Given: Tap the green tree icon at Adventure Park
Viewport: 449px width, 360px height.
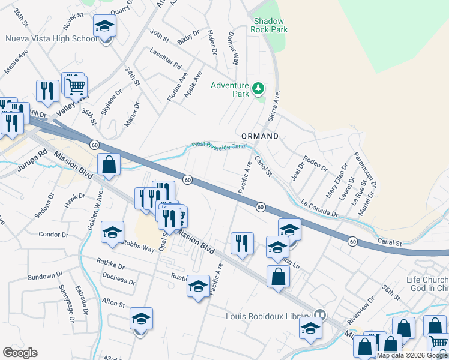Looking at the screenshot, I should [258, 89].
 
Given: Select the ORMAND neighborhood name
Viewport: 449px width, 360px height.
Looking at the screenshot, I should [260, 137].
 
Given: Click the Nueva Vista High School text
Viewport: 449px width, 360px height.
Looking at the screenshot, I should [50, 39].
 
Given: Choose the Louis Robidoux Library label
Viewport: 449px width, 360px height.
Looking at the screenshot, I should [269, 316].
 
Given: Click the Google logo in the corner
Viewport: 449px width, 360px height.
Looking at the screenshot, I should [20, 353].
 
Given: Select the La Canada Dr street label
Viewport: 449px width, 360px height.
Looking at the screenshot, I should [320, 209].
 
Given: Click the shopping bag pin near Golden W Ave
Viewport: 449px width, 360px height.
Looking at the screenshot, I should [109, 164].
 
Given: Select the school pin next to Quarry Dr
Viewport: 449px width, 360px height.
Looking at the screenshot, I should [104, 26].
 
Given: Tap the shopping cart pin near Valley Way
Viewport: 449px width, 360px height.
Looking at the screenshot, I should [76, 87].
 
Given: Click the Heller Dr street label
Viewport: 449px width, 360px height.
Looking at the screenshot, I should [211, 42].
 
